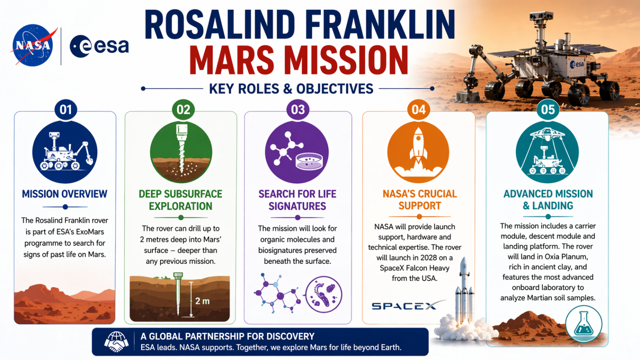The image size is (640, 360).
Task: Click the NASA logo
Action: (x=32, y=45)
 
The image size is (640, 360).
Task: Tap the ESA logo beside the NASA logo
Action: (x=99, y=46)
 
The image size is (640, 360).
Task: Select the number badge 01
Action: (x=66, y=110)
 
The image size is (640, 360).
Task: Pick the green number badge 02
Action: (x=183, y=110)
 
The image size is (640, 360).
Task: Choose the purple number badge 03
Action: (x=298, y=110)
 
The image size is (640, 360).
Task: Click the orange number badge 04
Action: (x=418, y=110)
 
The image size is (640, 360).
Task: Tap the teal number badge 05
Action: (x=548, y=110)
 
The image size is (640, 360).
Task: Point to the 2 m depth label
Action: (x=202, y=301)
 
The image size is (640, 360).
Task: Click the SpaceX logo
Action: (x=408, y=306)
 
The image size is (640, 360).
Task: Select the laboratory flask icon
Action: (x=584, y=324)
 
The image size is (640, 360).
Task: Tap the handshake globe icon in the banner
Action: (x=116, y=342)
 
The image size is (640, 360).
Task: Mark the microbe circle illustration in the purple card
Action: (x=324, y=294)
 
